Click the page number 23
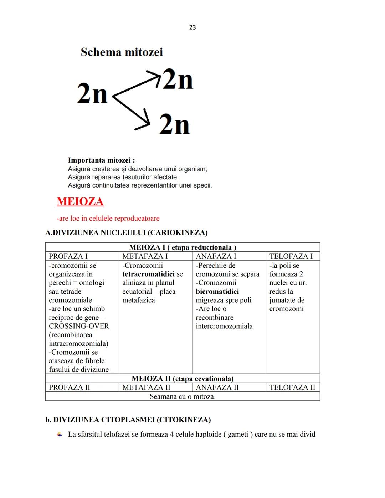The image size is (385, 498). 192,27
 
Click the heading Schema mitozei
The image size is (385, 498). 122,52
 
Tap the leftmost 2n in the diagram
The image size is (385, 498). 92,95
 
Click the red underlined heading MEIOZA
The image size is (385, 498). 80,201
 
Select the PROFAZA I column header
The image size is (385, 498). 68,256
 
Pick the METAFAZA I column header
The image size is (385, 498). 145,256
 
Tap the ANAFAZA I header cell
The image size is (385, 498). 216,256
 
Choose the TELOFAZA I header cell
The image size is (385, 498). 291,256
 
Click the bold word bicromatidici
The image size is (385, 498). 217,291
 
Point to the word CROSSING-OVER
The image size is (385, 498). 79,326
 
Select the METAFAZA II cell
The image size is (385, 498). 146,387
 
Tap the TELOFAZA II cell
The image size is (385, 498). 292,387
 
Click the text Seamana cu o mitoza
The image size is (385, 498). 183,396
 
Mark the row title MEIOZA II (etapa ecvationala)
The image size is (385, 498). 183,378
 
